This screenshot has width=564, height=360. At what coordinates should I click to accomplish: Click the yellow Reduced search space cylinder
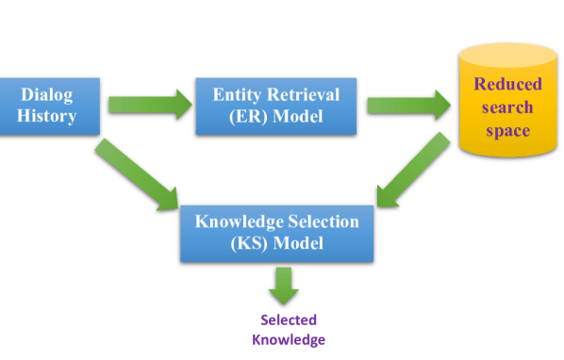tap(506, 104)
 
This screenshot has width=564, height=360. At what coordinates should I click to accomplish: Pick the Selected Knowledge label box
tap(288, 330)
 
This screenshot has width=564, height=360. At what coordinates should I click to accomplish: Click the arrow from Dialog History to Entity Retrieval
tap(147, 104)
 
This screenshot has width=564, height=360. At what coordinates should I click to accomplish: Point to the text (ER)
tap(247, 117)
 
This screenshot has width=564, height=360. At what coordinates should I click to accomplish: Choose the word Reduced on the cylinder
tap(507, 85)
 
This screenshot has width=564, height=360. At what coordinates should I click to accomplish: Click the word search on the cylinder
tap(507, 107)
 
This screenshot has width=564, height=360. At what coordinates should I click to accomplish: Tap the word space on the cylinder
tap(507, 130)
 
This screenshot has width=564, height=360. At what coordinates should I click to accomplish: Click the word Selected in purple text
tap(289, 319)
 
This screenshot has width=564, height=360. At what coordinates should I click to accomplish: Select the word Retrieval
tap(304, 94)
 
